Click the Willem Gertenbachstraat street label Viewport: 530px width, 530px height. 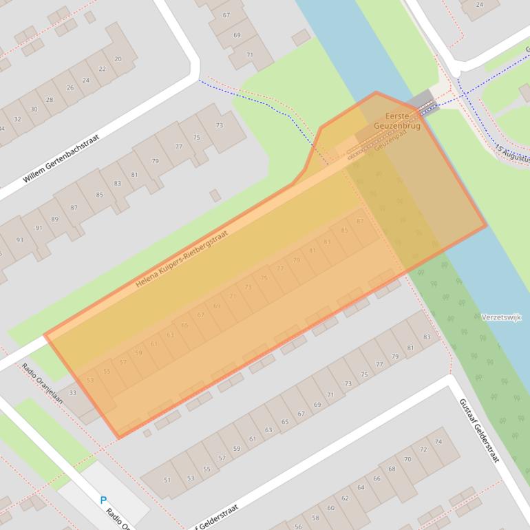pos(61,158)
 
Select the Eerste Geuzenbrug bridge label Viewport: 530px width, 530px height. pos(396,121)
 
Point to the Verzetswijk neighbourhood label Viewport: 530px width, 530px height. pos(502,317)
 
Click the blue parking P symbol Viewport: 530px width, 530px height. pos(104,500)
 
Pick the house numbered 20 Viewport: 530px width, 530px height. pos(118,59)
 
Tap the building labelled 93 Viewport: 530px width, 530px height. pos(19,240)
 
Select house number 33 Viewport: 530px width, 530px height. pos(72,393)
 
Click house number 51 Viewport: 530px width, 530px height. pos(167,480)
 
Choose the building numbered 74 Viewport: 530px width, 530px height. pos(438,441)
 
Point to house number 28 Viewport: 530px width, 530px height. pos(50,100)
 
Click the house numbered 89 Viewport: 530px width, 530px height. pos(55,219)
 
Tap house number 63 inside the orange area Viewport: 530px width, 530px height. pos(170,335)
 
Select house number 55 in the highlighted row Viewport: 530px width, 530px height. pos(107,371)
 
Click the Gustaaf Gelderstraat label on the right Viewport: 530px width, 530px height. pos(478,430)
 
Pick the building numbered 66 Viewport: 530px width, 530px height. pos(377,478)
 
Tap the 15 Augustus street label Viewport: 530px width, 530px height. pos(512,155)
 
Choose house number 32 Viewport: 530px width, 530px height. pos(17,119)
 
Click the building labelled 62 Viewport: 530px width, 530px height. pos(345,498)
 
